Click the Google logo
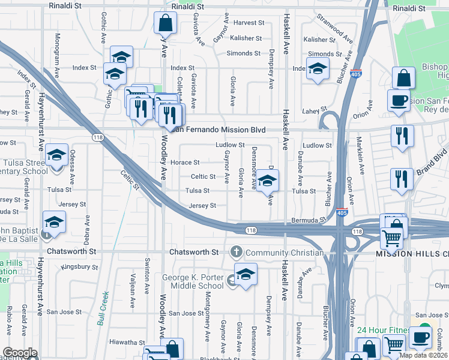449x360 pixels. coord(20,353)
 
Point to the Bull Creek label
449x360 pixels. coord(103,308)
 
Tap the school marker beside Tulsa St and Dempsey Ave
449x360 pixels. coord(267,181)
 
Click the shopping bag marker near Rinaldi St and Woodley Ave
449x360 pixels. coord(165,25)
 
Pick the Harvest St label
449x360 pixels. coord(249,23)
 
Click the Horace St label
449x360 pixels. coord(185,162)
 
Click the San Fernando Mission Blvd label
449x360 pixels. coord(220,129)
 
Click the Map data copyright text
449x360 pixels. coord(423,355)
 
